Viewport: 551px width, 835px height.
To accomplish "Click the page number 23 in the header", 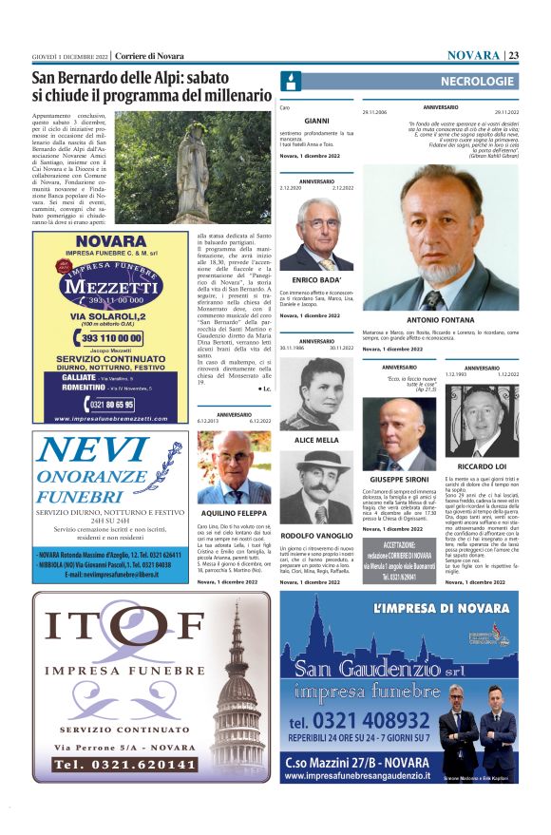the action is point(513,54).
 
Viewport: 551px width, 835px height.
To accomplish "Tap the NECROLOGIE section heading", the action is point(476,82).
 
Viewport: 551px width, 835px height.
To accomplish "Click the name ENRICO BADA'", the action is point(315,280).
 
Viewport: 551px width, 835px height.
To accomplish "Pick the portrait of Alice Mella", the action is point(315,393).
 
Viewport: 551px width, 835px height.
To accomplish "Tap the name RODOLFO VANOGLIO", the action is point(315,509).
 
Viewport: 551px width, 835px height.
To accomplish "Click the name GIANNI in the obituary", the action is point(316,121).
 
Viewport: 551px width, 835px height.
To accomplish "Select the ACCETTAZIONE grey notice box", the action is point(398,560).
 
